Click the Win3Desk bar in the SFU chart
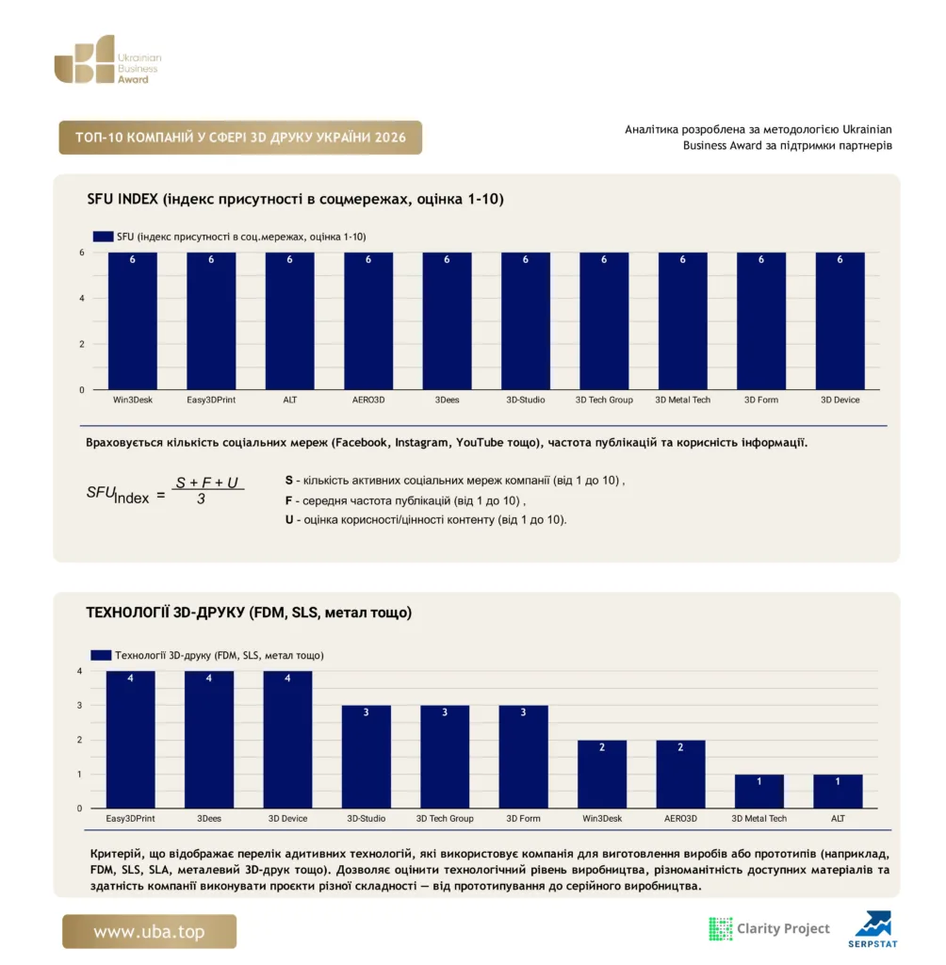pyautogui.click(x=132, y=320)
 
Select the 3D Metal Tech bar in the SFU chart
pyautogui.click(x=682, y=320)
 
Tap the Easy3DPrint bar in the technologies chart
pyautogui.click(x=130, y=740)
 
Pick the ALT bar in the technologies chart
pyautogui.click(x=838, y=792)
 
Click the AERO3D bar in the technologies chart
pyautogui.click(x=680, y=775)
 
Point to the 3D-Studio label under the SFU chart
pyautogui.click(x=526, y=400)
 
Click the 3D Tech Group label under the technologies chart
pyautogui.click(x=445, y=819)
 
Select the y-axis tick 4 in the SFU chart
pyautogui.click(x=82, y=299)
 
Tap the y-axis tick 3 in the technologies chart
pyautogui.click(x=79, y=705)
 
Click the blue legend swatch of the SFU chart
pyautogui.click(x=103, y=237)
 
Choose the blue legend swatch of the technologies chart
pyautogui.click(x=101, y=656)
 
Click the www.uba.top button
pyautogui.click(x=150, y=931)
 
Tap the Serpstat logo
pyautogui.click(x=873, y=929)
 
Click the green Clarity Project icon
pyautogui.click(x=720, y=928)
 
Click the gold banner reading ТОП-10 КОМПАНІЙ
pyautogui.click(x=240, y=138)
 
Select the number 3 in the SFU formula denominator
pyautogui.click(x=202, y=499)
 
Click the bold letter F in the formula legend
pyautogui.click(x=288, y=500)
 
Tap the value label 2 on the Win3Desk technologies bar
pyautogui.click(x=602, y=747)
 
